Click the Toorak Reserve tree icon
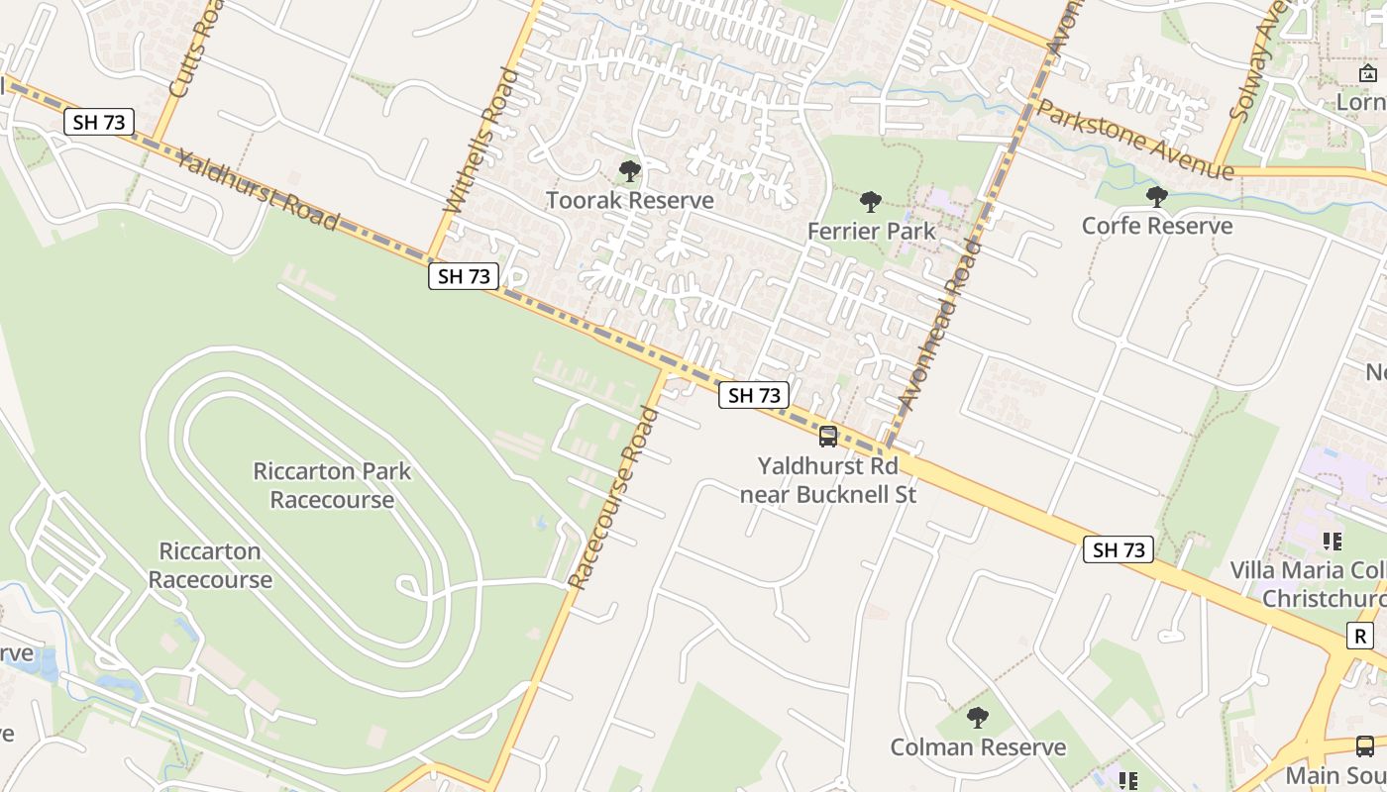pyautogui.click(x=629, y=171)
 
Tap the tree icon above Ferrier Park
pyautogui.click(x=871, y=202)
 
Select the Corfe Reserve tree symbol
pyautogui.click(x=1156, y=196)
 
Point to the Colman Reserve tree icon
pyautogui.click(x=978, y=718)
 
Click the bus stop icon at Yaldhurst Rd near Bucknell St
pyautogui.click(x=827, y=436)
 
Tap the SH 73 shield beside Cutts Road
pyautogui.click(x=99, y=123)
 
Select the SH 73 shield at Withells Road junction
pyautogui.click(x=464, y=276)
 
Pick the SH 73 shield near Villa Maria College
pyautogui.click(x=1120, y=549)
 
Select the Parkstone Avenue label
pyautogui.click(x=1134, y=140)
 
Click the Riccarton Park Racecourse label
pyautogui.click(x=332, y=485)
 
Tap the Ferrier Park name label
pyautogui.click(x=871, y=232)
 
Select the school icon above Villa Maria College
pyautogui.click(x=1333, y=541)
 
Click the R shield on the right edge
pyautogui.click(x=1361, y=636)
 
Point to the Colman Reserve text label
pyautogui.click(x=978, y=747)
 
